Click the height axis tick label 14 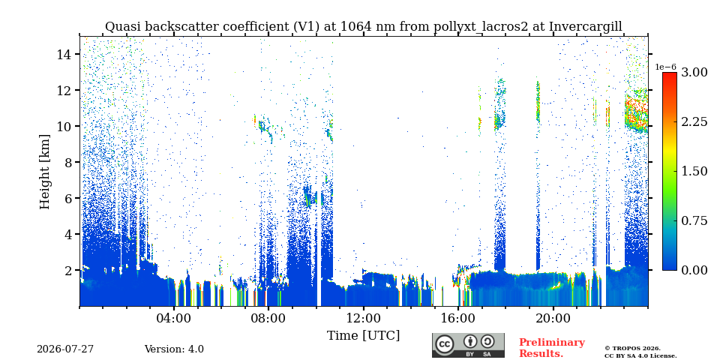pyautogui.click(x=63, y=54)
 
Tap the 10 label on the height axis pyautogui.click(x=63, y=126)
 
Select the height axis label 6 pyautogui.click(x=66, y=198)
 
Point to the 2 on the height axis pyautogui.click(x=66, y=270)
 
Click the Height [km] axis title pyautogui.click(x=44, y=172)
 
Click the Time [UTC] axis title pyautogui.click(x=363, y=336)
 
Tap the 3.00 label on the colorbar pyautogui.click(x=694, y=72)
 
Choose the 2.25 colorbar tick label pyautogui.click(x=694, y=121)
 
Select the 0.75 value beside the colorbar pyautogui.click(x=694, y=220)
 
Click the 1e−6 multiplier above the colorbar pyautogui.click(x=665, y=67)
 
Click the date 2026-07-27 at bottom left pyautogui.click(x=65, y=349)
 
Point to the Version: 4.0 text pyautogui.click(x=174, y=349)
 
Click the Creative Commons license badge pyautogui.click(x=468, y=345)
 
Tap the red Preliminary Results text pyautogui.click(x=552, y=348)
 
